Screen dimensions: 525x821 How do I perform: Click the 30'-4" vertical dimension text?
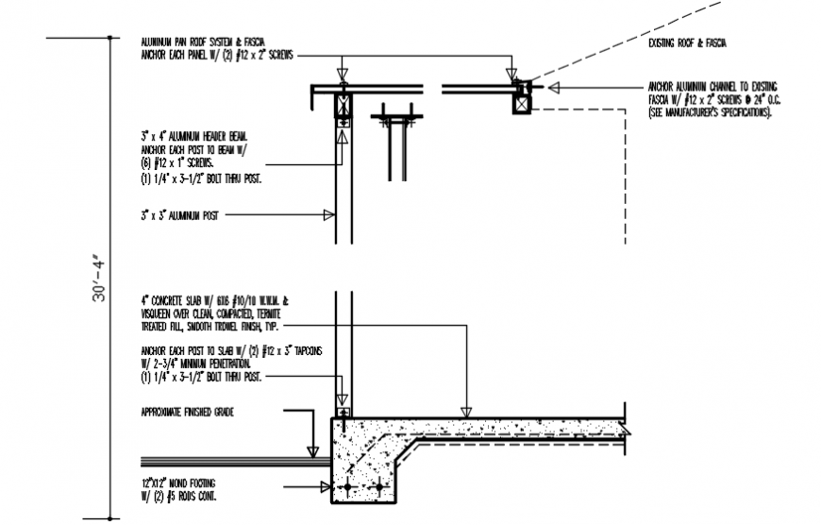(x=100, y=279)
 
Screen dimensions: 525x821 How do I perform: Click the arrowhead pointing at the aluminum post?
(x=329, y=215)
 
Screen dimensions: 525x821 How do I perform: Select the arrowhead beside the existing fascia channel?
(x=554, y=88)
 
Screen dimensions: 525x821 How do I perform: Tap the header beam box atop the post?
(x=343, y=105)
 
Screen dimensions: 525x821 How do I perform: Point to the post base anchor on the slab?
(x=343, y=414)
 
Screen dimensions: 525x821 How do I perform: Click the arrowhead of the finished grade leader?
(x=312, y=452)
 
